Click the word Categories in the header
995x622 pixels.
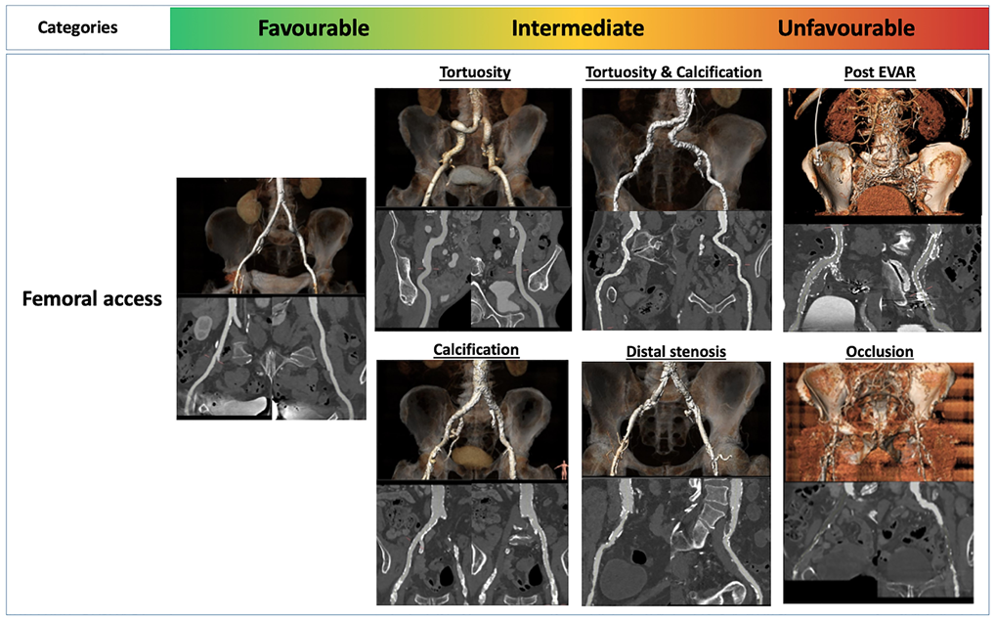click(77, 28)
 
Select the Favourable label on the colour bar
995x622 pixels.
click(314, 28)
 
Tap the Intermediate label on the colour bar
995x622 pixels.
click(578, 28)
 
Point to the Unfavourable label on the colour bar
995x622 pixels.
click(845, 28)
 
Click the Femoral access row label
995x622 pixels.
click(92, 299)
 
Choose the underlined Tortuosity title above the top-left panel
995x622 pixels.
click(475, 72)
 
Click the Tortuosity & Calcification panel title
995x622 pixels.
click(673, 72)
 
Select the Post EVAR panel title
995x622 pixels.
click(880, 72)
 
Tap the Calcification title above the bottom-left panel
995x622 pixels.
click(476, 350)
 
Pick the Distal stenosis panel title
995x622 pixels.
click(675, 352)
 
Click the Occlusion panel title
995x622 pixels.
click(880, 352)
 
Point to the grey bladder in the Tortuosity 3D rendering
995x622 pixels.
click(469, 175)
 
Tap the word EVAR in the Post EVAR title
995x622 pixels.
click(895, 72)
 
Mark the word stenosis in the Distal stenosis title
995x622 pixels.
click(700, 352)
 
